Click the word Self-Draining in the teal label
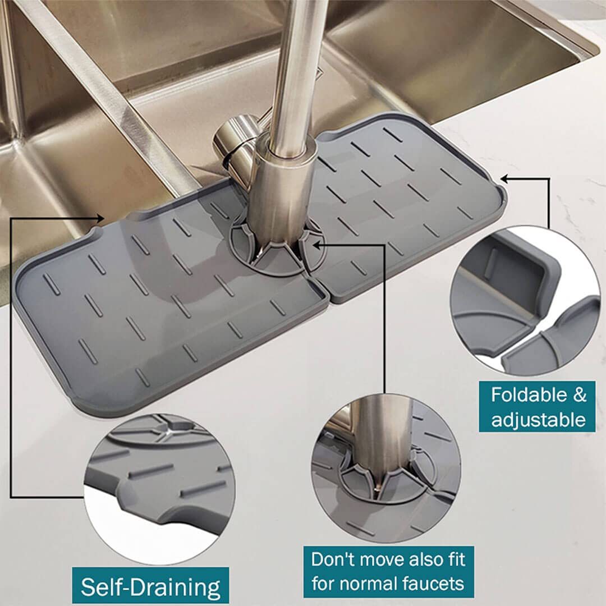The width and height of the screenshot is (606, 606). (150, 587)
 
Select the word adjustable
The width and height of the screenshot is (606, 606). (538, 419)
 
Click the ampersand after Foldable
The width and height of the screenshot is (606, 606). (579, 395)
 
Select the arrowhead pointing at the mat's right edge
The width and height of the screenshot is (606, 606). (505, 178)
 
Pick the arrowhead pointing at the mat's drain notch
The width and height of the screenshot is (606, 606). (100, 219)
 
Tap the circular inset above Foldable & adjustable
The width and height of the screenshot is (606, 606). (526, 301)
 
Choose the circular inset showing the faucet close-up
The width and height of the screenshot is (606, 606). (386, 468)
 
